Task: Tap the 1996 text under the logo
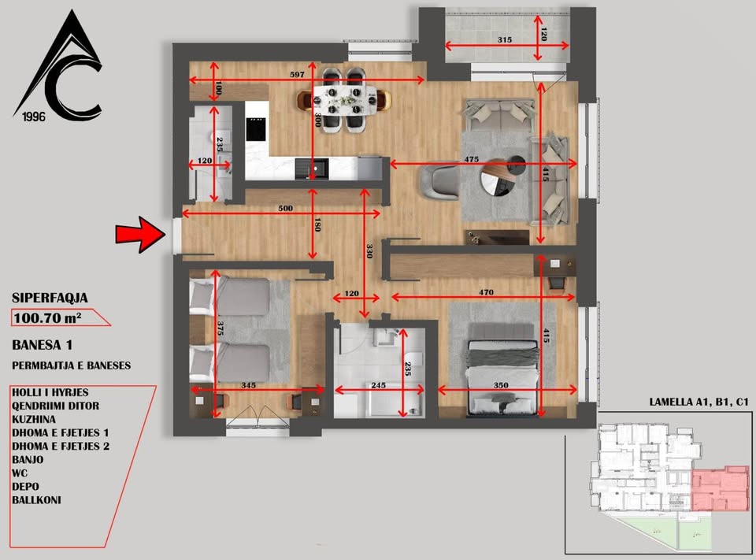pyautogui.click(x=34, y=117)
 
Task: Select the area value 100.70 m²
pyautogui.click(x=47, y=318)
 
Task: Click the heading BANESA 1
pyautogui.click(x=43, y=345)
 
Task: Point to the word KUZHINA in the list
pyautogui.click(x=34, y=419)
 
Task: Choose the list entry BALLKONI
pyautogui.click(x=37, y=500)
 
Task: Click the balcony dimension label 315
pyautogui.click(x=504, y=39)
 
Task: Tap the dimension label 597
pyautogui.click(x=297, y=74)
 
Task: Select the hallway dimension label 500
pyautogui.click(x=285, y=209)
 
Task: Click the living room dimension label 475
pyautogui.click(x=472, y=158)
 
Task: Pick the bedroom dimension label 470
pyautogui.click(x=486, y=292)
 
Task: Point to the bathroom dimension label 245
pyautogui.click(x=379, y=385)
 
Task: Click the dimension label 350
pyautogui.click(x=501, y=385)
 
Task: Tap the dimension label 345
pyautogui.click(x=248, y=385)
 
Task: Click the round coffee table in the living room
pyautogui.click(x=499, y=179)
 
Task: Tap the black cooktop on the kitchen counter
pyautogui.click(x=255, y=129)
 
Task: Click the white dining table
pyautogui.click(x=344, y=100)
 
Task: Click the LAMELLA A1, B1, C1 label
pyautogui.click(x=699, y=402)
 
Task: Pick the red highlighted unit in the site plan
pyautogui.click(x=721, y=488)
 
